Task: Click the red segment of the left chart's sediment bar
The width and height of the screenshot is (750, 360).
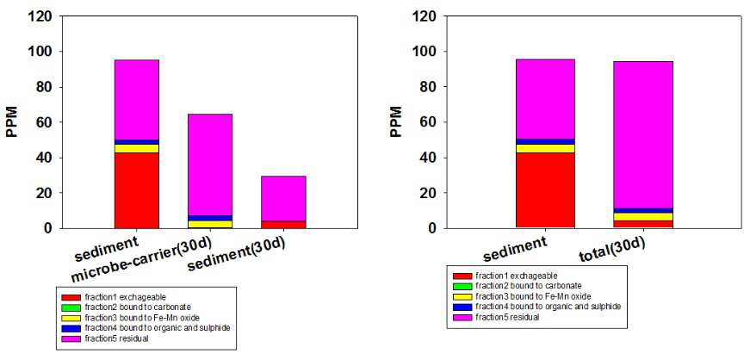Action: pos(136,190)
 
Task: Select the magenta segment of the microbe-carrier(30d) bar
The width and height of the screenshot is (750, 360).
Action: pos(210,164)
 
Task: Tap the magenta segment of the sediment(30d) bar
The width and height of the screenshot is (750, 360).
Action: pos(283,198)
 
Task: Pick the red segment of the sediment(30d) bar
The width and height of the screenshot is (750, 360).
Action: pos(283,225)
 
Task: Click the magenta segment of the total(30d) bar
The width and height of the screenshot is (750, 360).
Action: pos(643,135)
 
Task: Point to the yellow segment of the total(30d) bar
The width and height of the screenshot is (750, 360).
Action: pos(643,217)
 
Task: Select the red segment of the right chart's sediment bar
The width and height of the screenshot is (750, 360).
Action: pos(545,190)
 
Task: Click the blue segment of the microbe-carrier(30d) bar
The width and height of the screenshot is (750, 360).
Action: pos(210,218)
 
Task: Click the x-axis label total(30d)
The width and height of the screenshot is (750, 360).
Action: pos(612,251)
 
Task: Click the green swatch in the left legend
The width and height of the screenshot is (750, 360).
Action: pos(71,307)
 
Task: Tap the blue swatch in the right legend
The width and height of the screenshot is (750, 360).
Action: pos(462,307)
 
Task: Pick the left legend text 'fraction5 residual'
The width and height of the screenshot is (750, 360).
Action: pos(117,339)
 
